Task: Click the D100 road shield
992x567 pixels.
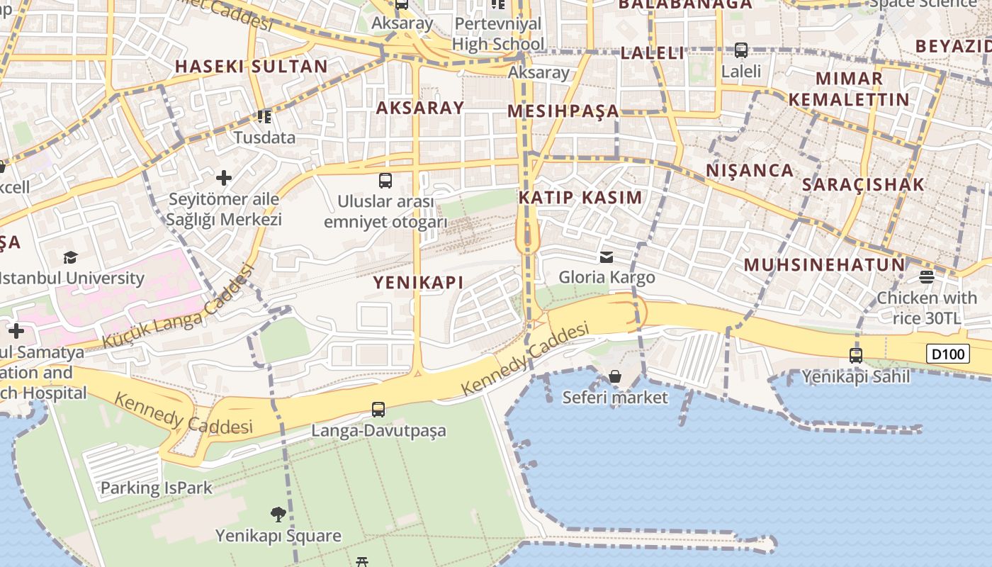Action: pyautogui.click(x=947, y=353)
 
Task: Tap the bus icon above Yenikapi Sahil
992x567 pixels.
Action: pyautogui.click(x=856, y=355)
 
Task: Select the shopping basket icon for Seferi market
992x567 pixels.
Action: pyautogui.click(x=615, y=376)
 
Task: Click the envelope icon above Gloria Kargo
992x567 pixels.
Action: pyautogui.click(x=607, y=257)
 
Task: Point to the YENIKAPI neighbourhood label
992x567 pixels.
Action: pyautogui.click(x=418, y=282)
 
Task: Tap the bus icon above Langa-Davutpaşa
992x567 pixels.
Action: pyautogui.click(x=378, y=409)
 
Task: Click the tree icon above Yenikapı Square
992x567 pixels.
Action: pyautogui.click(x=278, y=514)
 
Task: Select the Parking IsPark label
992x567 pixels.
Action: pyautogui.click(x=157, y=488)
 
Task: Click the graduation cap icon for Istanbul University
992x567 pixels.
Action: pyautogui.click(x=70, y=257)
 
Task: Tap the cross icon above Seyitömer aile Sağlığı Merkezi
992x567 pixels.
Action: pyautogui.click(x=224, y=177)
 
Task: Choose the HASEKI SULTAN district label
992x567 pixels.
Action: pyautogui.click(x=251, y=67)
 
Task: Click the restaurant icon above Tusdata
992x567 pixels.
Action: pyautogui.click(x=264, y=116)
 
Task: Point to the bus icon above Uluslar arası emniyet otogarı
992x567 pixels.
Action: pyautogui.click(x=385, y=180)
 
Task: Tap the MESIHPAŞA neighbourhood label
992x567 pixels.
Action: pyautogui.click(x=563, y=111)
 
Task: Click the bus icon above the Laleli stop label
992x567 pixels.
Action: pyautogui.click(x=741, y=50)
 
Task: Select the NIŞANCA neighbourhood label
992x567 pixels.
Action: pyautogui.click(x=750, y=170)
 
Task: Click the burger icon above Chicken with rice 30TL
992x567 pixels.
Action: pyautogui.click(x=927, y=276)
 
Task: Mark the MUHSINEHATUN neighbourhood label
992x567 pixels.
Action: pyautogui.click(x=824, y=265)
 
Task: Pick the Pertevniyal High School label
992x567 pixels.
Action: pyautogui.click(x=498, y=34)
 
